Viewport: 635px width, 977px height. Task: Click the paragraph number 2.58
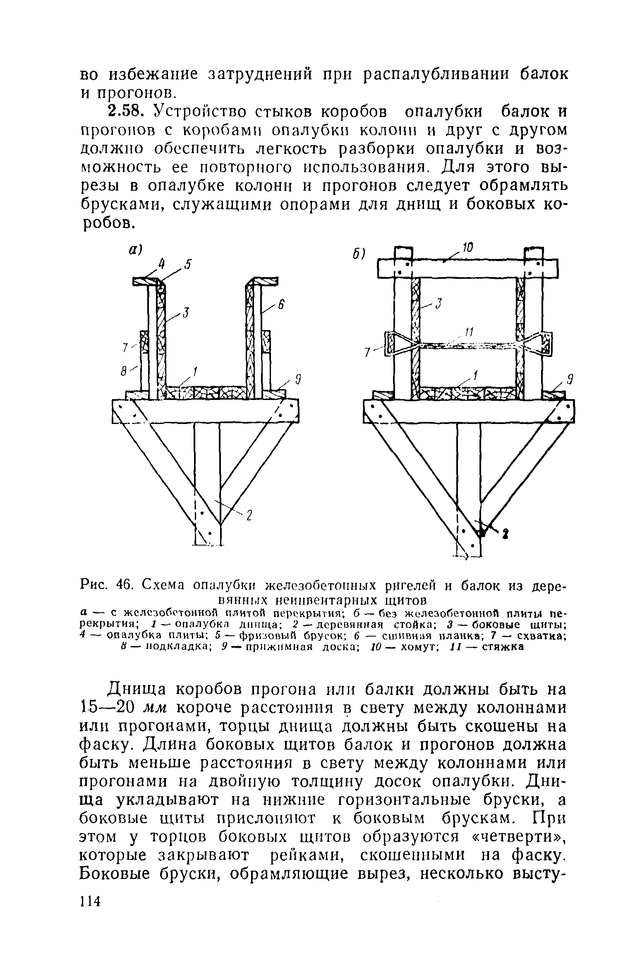click(125, 111)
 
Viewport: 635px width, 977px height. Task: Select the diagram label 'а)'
click(135, 249)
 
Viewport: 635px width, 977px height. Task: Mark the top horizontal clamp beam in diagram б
click(467, 269)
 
